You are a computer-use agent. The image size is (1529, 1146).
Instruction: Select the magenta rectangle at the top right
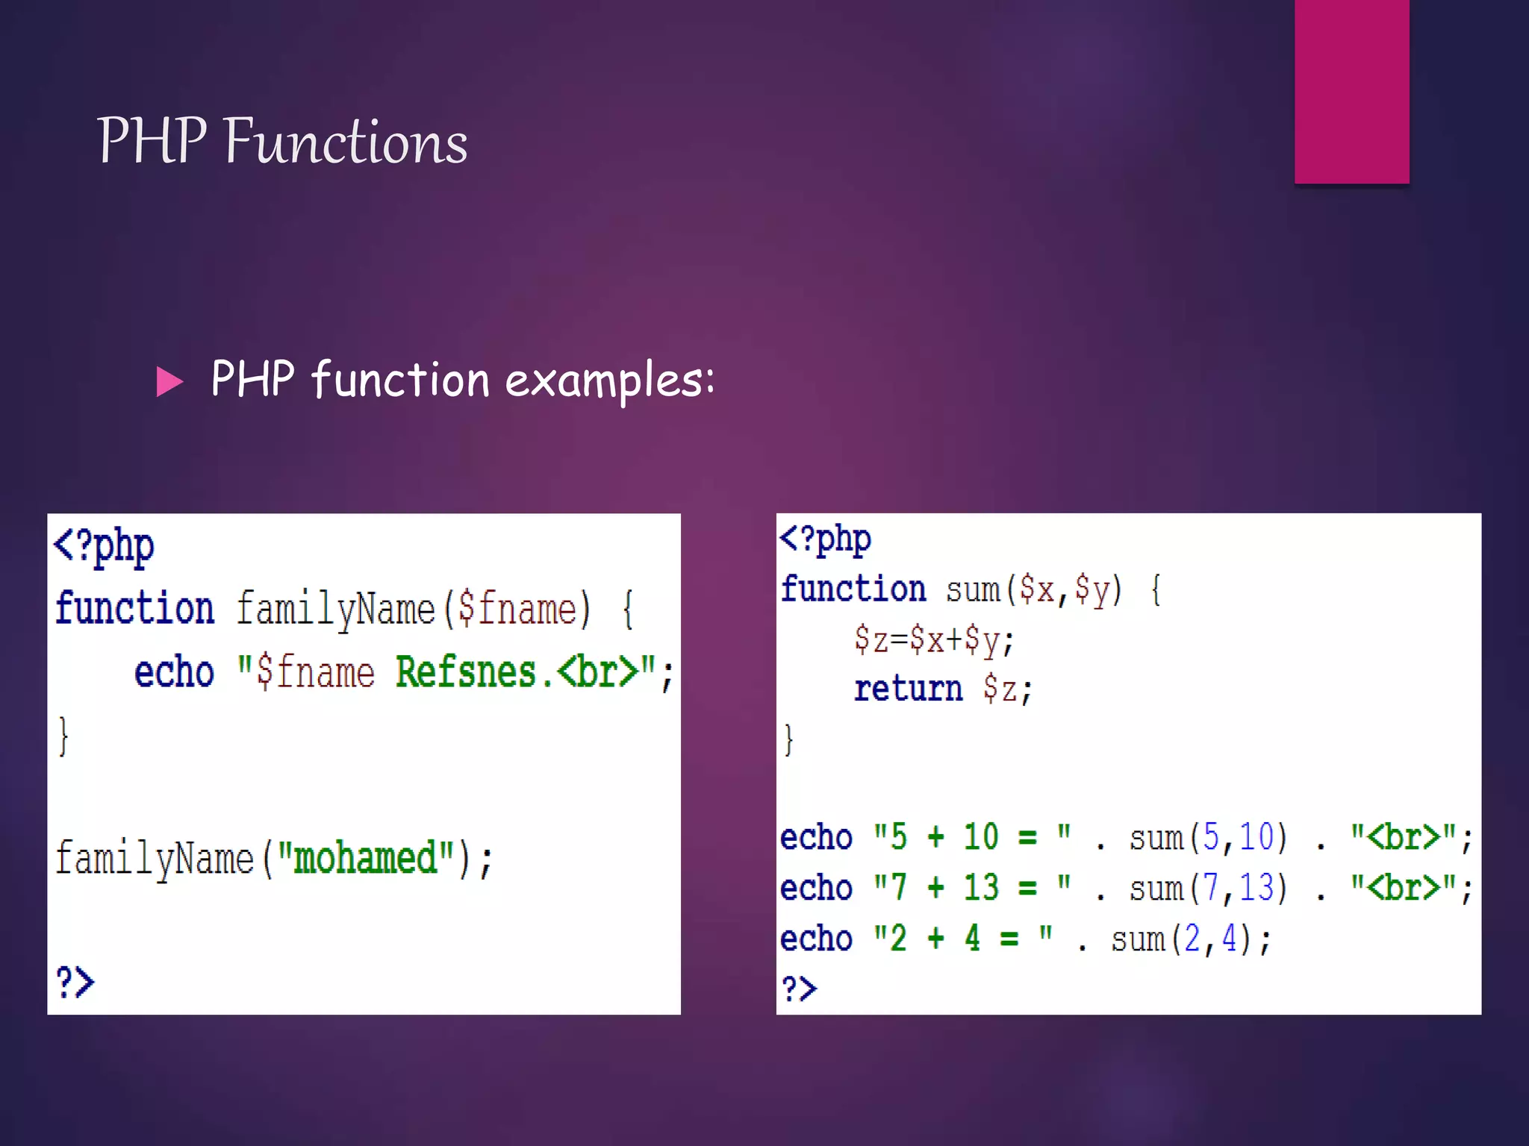pos(1351,91)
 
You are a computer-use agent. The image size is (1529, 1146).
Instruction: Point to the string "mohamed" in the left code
pos(365,858)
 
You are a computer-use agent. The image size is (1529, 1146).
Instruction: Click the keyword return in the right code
pos(908,688)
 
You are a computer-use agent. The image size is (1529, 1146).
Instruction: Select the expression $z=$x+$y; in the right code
pos(934,639)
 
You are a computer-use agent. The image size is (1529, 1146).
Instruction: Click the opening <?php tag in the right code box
pos(824,539)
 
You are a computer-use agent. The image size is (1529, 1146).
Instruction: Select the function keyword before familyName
pos(134,608)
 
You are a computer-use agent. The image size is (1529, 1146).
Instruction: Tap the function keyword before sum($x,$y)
pos(853,589)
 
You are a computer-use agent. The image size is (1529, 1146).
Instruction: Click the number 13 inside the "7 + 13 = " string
pos(980,888)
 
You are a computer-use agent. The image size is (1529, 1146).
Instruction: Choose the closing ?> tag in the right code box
pos(799,989)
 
